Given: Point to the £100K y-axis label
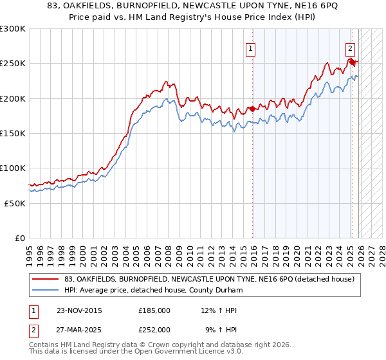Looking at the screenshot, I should click(13, 168).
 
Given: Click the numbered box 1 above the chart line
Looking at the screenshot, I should click(250, 47).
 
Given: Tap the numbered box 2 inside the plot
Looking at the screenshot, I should click(350, 47).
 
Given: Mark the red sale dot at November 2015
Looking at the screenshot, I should click(253, 109).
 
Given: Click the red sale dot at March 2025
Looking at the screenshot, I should click(353, 62).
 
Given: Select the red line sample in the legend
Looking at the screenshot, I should click(45, 279).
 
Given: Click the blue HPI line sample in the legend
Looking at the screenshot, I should click(45, 289).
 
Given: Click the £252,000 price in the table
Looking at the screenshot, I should click(154, 329).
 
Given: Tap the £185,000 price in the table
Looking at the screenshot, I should click(154, 310).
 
